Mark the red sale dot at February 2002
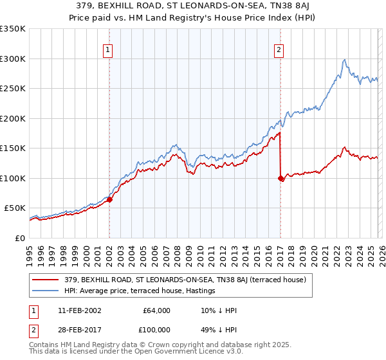110,199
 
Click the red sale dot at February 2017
280,178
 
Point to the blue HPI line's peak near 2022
345,60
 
